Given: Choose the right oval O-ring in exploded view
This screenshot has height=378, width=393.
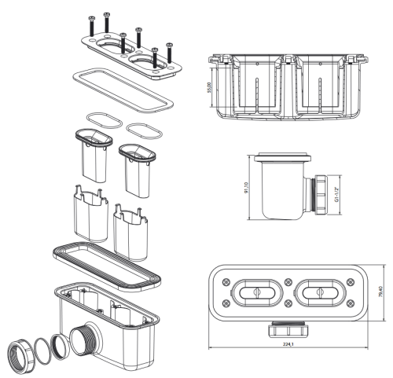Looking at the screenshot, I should click(144, 127).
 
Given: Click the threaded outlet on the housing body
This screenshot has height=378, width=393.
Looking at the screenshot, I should click(83, 323).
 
